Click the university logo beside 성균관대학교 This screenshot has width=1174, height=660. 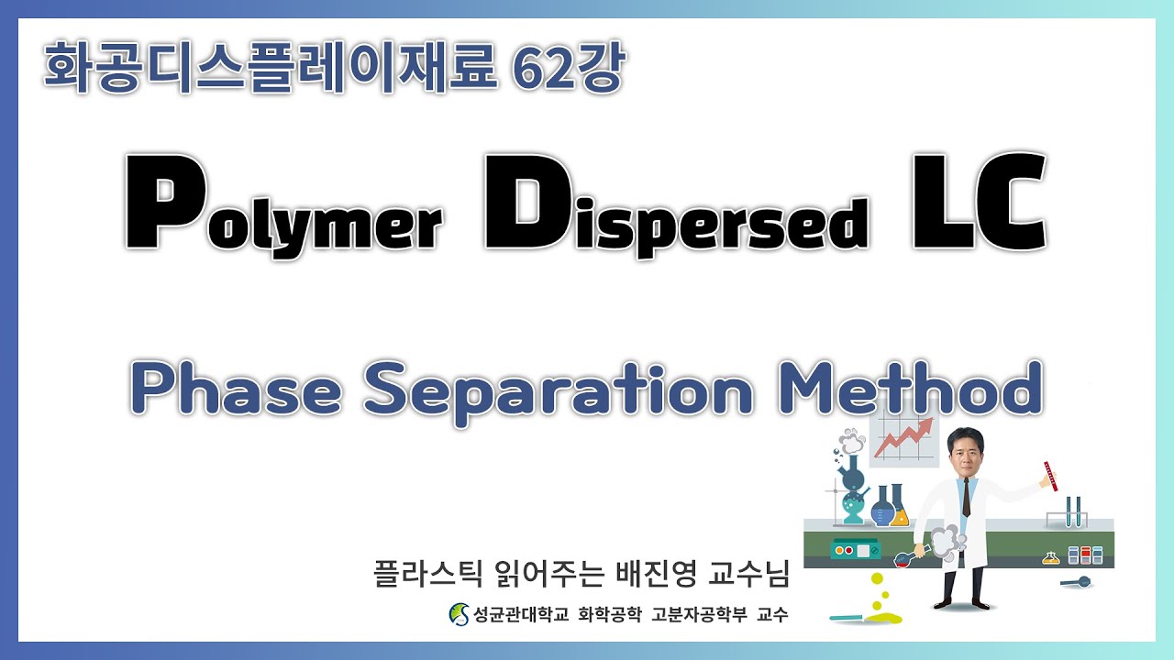pos(457,614)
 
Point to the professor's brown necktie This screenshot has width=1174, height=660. pos(967,500)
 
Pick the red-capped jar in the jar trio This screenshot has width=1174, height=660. pos(1085,555)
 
